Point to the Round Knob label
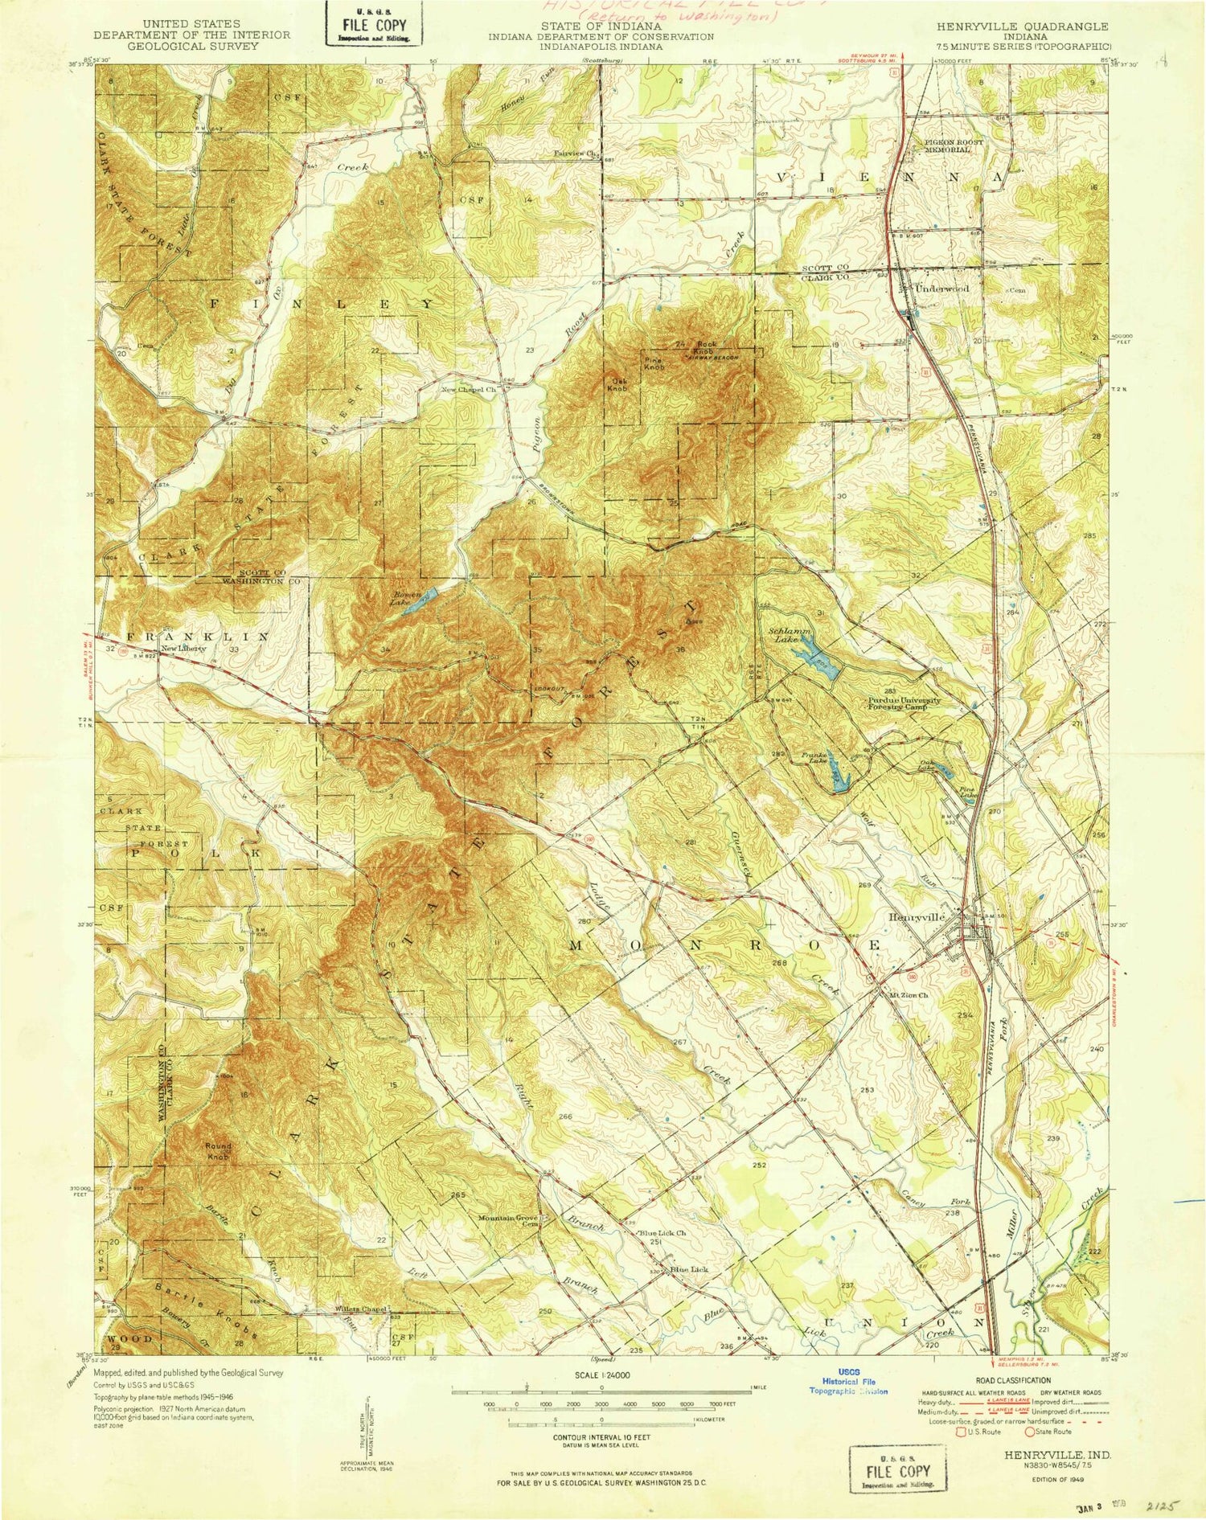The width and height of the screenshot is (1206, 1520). pos(219,1151)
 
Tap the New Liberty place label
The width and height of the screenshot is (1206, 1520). pos(183,648)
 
